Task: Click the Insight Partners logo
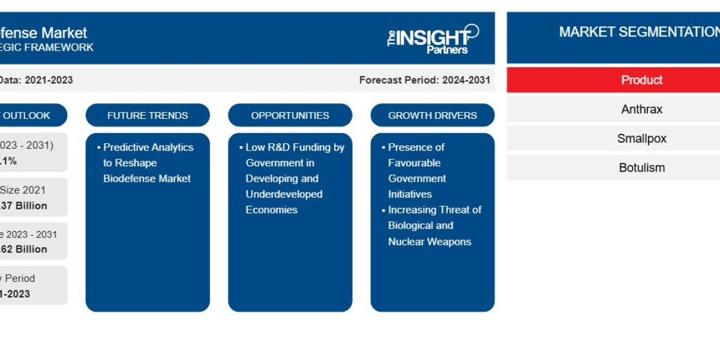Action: pyautogui.click(x=433, y=39)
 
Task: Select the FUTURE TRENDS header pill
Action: pyautogui.click(x=148, y=115)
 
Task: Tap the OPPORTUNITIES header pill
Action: pyautogui.click(x=290, y=115)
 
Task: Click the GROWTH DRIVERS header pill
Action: pyautogui.click(x=432, y=115)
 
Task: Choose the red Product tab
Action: pyautogui.click(x=641, y=80)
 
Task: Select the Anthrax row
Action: pyautogui.click(x=641, y=109)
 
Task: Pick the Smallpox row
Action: pyautogui.click(x=641, y=138)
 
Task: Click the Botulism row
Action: pyautogui.click(x=641, y=167)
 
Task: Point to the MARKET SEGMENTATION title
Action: pyautogui.click(x=639, y=32)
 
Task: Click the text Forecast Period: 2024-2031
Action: pyautogui.click(x=424, y=80)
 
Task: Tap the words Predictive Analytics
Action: pyautogui.click(x=148, y=147)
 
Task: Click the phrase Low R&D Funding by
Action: pyautogui.click(x=295, y=147)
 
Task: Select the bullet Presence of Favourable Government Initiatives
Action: pyautogui.click(x=417, y=170)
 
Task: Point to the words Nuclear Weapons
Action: pyautogui.click(x=429, y=241)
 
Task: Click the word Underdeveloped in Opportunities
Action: pyautogui.click(x=284, y=194)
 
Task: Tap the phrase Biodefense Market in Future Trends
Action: pyautogui.click(x=147, y=178)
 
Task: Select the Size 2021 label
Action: pyautogui.click(x=23, y=190)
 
